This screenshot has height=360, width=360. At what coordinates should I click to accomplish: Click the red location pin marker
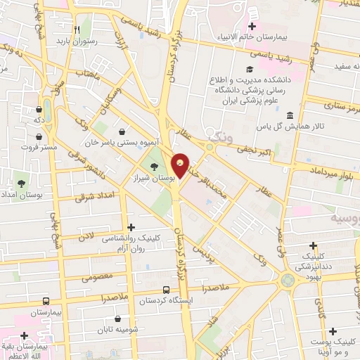click(x=181, y=166)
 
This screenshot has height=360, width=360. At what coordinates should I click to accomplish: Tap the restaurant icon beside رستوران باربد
click(x=77, y=30)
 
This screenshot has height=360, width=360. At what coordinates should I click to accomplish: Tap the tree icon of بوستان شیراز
click(x=153, y=166)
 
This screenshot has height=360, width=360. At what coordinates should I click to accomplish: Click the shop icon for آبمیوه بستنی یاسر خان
click(x=123, y=131)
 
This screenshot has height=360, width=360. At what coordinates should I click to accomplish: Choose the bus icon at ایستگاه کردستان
click(x=166, y=289)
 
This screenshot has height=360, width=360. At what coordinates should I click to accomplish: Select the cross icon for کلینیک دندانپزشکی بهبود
click(x=314, y=245)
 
